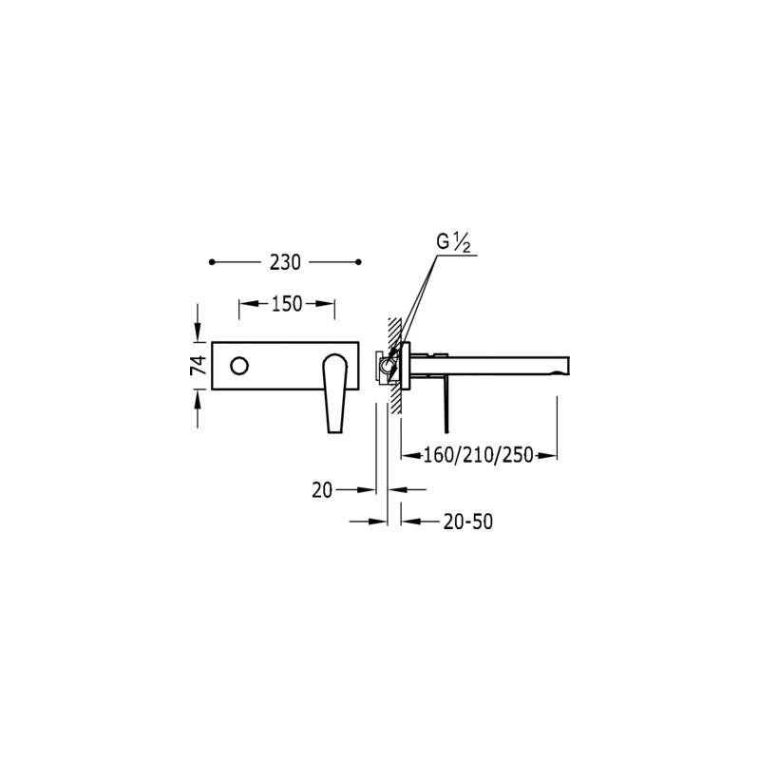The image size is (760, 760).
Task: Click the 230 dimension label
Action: (285, 262)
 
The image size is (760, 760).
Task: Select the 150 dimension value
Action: (287, 304)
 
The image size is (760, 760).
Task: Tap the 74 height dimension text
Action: (199, 365)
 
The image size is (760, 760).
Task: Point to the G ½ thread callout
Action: (453, 243)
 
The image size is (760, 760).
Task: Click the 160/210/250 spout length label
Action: (479, 455)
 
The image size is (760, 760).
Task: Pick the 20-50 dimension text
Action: (467, 522)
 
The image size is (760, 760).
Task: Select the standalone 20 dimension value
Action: (322, 490)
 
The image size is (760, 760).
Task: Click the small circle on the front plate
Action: (239, 366)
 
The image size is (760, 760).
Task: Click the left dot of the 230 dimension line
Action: (211, 262)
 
